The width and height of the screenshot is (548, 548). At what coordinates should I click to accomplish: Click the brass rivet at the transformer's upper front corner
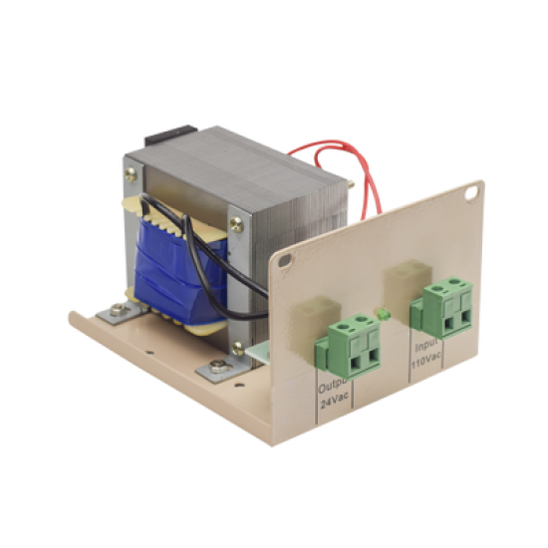235,223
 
